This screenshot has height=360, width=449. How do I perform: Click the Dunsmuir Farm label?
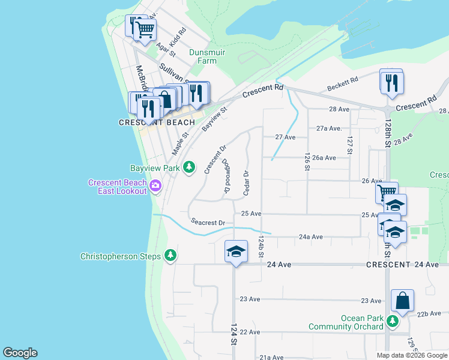[206, 56]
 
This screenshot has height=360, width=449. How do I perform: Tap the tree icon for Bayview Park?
[189, 167]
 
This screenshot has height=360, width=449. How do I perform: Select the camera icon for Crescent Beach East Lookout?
[155, 186]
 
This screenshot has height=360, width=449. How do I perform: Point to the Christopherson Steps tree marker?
[171, 256]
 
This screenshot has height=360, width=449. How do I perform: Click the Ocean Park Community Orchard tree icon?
[392, 322]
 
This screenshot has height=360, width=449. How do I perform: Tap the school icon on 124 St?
[236, 252]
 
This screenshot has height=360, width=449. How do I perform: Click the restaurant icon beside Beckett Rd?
[391, 82]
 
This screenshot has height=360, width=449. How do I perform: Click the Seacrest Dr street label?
[208, 222]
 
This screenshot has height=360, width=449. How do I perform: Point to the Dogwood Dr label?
[227, 176]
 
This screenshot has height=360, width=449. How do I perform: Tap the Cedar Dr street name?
[246, 182]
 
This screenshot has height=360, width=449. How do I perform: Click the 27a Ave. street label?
[328, 128]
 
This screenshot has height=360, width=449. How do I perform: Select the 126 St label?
[307, 161]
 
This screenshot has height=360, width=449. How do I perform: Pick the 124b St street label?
[261, 246]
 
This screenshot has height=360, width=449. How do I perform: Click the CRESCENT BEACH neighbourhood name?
[157, 122]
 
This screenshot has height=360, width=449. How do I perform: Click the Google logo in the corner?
[20, 353]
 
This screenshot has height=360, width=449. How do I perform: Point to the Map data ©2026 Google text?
[412, 355]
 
